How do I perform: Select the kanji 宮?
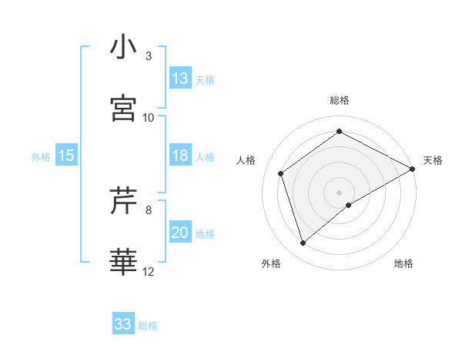coord(123,109)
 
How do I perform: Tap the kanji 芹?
coord(123,202)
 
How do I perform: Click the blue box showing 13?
coord(180,79)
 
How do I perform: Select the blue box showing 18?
coord(180,156)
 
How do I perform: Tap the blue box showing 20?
coord(180,233)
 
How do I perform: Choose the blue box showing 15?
coord(66,156)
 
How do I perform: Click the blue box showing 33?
coord(123,324)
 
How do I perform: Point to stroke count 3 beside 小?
coord(149,55)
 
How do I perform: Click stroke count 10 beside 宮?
coord(149,117)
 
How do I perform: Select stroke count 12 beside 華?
coord(149,271)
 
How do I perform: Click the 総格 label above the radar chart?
coord(340,100)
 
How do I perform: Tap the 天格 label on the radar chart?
coord(433,160)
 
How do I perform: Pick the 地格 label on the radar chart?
coord(403,263)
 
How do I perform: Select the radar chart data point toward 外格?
coord(303,243)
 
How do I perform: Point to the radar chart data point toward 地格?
coord(349,205)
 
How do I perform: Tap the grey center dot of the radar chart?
coord(340,191)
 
